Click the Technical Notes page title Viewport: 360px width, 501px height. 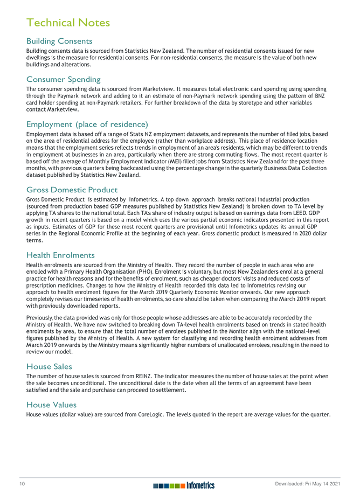68,23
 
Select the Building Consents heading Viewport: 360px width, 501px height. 59,41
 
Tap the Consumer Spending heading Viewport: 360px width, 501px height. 63,79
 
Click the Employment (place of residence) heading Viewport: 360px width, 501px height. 87,124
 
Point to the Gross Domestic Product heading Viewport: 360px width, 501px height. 72,190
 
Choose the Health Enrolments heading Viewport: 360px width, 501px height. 60,255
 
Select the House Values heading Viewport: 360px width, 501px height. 51,405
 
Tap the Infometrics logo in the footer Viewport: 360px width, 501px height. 183,485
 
